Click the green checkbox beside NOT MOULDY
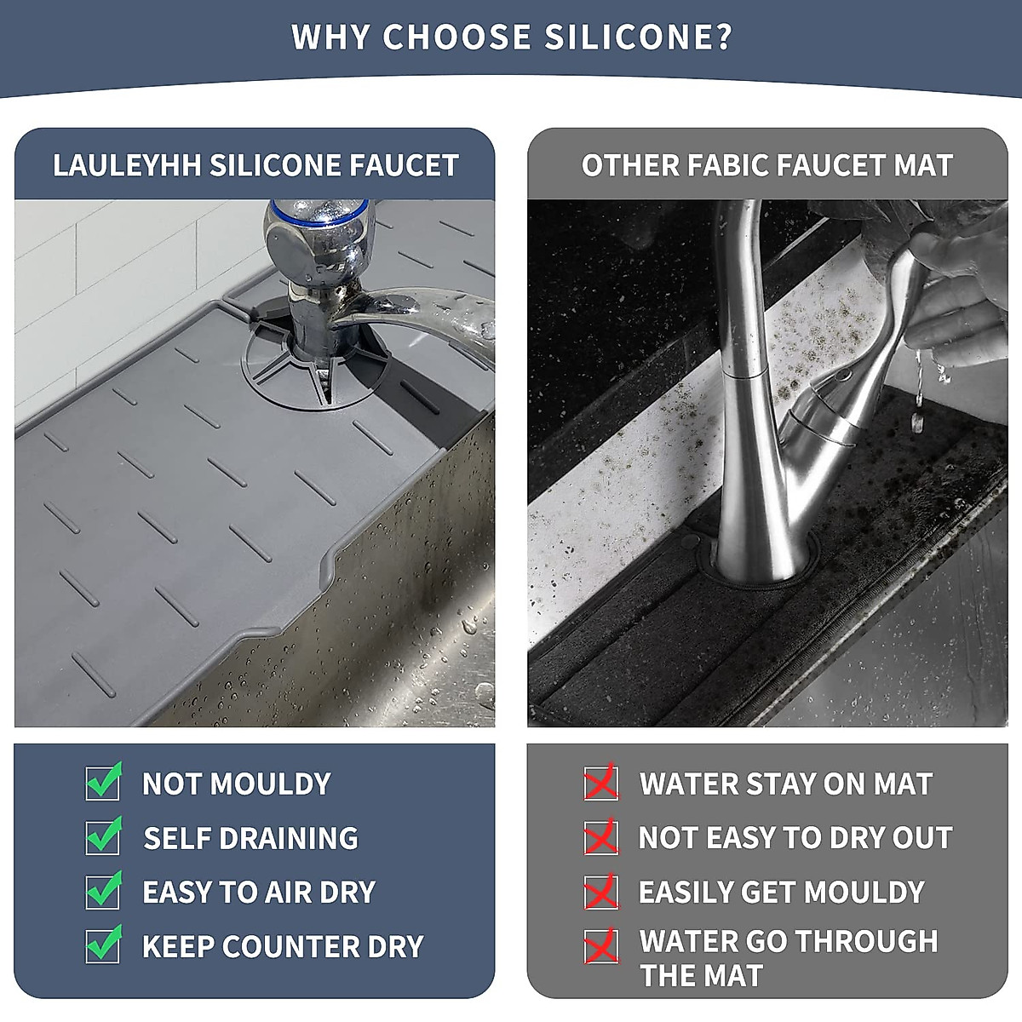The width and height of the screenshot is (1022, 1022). pyautogui.click(x=103, y=782)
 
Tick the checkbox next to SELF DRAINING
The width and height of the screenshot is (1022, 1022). pyautogui.click(x=103, y=836)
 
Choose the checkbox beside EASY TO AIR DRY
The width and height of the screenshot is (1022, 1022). pyautogui.click(x=103, y=891)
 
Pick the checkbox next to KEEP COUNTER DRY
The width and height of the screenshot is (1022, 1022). pyautogui.click(x=103, y=945)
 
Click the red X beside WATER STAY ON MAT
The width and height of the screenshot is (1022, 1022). pyautogui.click(x=600, y=783)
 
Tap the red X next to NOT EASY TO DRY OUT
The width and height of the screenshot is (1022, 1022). pyautogui.click(x=600, y=837)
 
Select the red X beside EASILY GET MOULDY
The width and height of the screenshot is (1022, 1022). pyautogui.click(x=600, y=892)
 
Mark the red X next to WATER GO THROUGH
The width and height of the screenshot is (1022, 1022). pyautogui.click(x=600, y=945)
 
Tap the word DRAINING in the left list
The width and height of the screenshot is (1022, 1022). pyautogui.click(x=290, y=838)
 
